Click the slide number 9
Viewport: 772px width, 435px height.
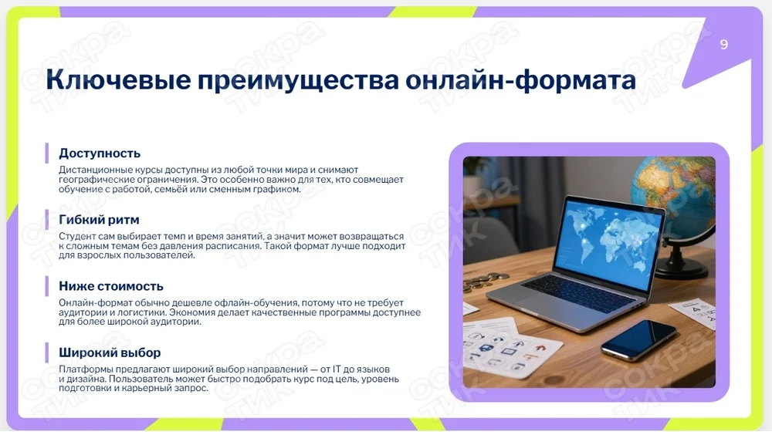click(723, 44)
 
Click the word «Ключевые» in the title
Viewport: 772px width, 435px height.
click(118, 80)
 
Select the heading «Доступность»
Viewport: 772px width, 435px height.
click(100, 153)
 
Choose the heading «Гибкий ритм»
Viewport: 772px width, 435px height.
click(99, 220)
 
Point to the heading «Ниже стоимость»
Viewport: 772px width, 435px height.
click(110, 286)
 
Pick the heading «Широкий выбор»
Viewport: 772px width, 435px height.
click(110, 352)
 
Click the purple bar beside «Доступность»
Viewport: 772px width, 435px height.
click(47, 153)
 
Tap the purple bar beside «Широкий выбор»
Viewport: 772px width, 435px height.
click(47, 352)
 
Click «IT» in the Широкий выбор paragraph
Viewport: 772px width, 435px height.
click(337, 369)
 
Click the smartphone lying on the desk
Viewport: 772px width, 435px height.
click(639, 339)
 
